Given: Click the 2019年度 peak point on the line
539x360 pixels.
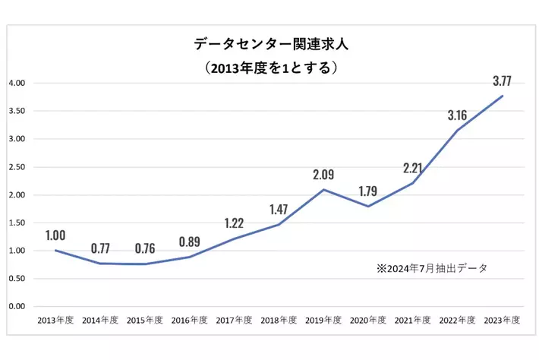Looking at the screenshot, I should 324,190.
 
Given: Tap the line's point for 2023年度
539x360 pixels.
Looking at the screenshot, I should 503,96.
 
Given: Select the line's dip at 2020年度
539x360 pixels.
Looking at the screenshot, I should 369,207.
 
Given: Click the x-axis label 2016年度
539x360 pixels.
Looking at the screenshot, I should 189,321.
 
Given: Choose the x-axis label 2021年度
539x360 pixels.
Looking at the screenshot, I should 413,321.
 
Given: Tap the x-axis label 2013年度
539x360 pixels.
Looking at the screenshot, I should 55,321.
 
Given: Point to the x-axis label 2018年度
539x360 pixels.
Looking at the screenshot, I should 279,321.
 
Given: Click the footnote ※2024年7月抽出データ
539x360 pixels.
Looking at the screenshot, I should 432,268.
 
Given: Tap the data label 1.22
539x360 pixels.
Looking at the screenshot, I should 235,222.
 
